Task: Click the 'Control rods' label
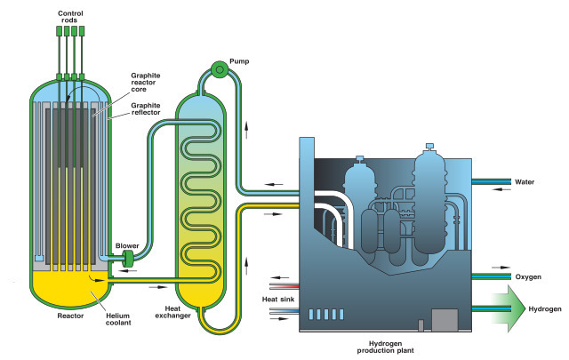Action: click(x=70, y=18)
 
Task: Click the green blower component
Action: click(x=126, y=258)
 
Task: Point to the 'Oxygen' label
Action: click(x=528, y=276)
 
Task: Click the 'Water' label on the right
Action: click(x=525, y=182)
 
